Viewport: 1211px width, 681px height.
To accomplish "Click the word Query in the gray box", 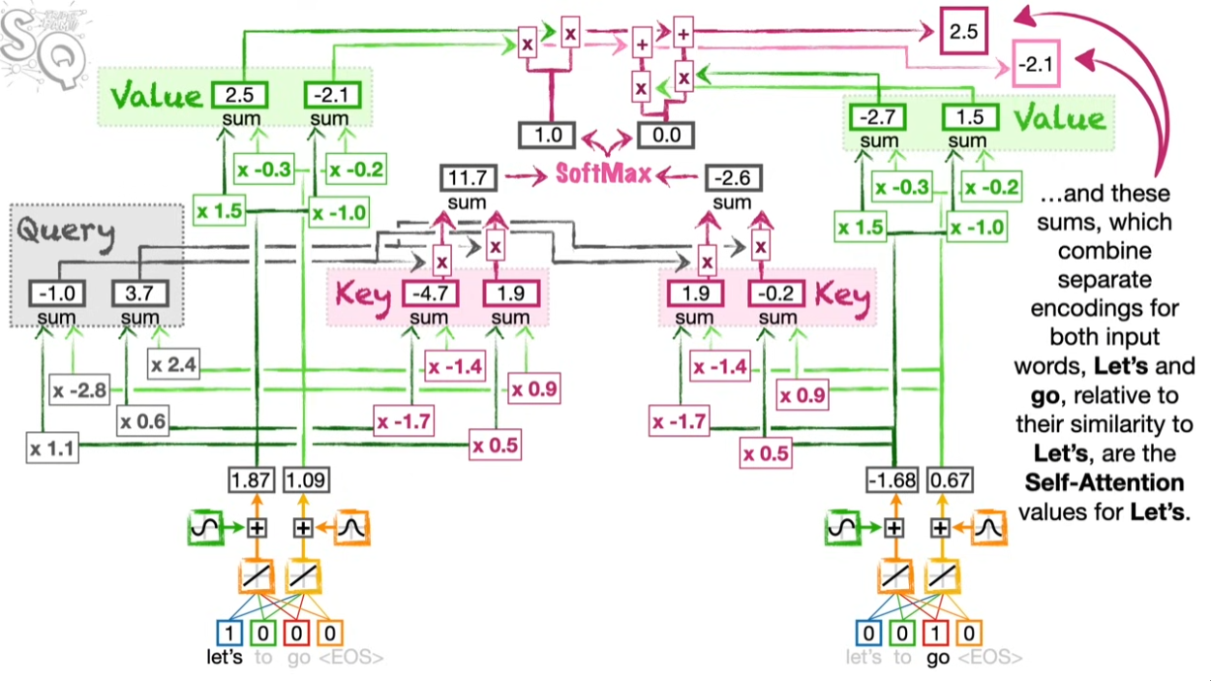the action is click(x=66, y=233).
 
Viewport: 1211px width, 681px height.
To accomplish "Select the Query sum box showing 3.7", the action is click(x=140, y=294).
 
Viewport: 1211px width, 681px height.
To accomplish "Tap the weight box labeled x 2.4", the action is click(x=173, y=364).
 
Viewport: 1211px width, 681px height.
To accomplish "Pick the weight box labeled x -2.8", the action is click(x=79, y=390).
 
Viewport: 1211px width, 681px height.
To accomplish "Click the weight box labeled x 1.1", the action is click(x=52, y=448).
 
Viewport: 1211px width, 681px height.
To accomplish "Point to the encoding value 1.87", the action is click(x=252, y=480).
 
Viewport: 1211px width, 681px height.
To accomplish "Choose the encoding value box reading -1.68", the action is click(x=892, y=480).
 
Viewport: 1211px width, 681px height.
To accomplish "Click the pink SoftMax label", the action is click(x=604, y=174).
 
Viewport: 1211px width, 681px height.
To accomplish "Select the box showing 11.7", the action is click(x=469, y=178).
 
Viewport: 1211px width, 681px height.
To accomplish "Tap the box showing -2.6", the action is click(x=733, y=178).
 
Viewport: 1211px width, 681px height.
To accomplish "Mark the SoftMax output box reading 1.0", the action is click(x=547, y=136).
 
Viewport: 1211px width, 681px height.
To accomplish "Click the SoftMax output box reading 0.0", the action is click(x=666, y=136).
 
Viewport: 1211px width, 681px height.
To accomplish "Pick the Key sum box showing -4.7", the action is click(x=431, y=294).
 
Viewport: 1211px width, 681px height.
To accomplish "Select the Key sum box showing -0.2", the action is click(x=776, y=294).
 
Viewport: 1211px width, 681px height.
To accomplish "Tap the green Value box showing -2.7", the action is click(x=877, y=117).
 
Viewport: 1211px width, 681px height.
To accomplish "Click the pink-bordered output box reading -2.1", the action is click(x=1036, y=64).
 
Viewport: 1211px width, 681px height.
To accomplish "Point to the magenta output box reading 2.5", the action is click(x=964, y=31).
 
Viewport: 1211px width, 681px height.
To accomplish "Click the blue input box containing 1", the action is click(x=229, y=633).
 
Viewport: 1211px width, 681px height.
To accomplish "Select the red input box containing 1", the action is click(x=935, y=633).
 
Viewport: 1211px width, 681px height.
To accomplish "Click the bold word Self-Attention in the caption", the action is click(x=1104, y=482).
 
